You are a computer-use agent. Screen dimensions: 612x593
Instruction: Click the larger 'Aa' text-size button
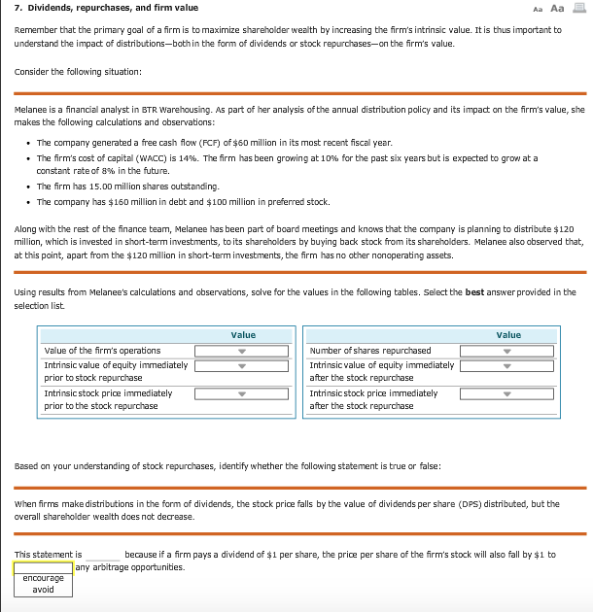click(x=557, y=8)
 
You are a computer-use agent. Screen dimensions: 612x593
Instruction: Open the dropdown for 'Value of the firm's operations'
click(x=241, y=351)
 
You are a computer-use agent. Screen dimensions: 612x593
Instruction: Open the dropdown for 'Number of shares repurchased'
click(x=506, y=351)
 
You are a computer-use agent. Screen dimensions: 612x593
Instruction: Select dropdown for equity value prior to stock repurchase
click(x=241, y=366)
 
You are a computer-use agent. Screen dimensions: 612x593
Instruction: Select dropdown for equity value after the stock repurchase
click(x=506, y=366)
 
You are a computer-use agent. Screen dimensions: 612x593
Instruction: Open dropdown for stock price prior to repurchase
click(x=241, y=393)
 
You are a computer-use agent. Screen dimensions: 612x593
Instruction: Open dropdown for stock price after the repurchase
click(x=506, y=393)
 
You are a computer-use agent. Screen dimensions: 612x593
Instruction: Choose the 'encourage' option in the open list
click(x=43, y=578)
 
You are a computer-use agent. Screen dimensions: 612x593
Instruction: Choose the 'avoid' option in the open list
click(x=43, y=589)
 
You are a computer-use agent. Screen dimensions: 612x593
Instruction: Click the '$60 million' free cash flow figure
click(x=246, y=142)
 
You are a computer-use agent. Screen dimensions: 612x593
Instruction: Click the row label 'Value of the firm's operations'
click(x=102, y=351)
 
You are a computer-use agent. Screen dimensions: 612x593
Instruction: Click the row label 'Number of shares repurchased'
click(x=369, y=351)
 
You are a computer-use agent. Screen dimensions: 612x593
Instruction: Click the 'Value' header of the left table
click(x=243, y=335)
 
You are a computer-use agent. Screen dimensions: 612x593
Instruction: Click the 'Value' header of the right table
click(x=508, y=335)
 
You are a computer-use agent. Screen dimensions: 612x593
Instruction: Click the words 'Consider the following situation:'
click(x=78, y=72)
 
